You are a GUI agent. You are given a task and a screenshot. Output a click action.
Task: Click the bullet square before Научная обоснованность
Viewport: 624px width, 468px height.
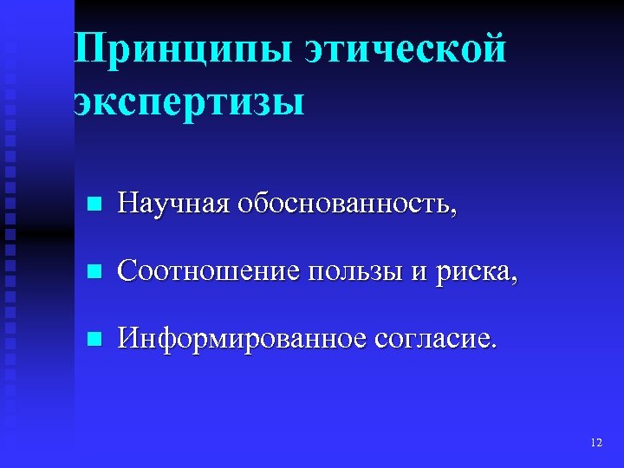[x=95, y=205]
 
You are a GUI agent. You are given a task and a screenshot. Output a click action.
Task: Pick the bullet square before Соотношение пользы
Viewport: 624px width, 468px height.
[x=95, y=272]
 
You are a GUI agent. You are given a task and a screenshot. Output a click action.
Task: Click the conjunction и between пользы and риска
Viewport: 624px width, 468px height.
[x=419, y=273]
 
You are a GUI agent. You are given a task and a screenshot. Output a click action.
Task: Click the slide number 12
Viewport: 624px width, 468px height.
[x=595, y=443]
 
